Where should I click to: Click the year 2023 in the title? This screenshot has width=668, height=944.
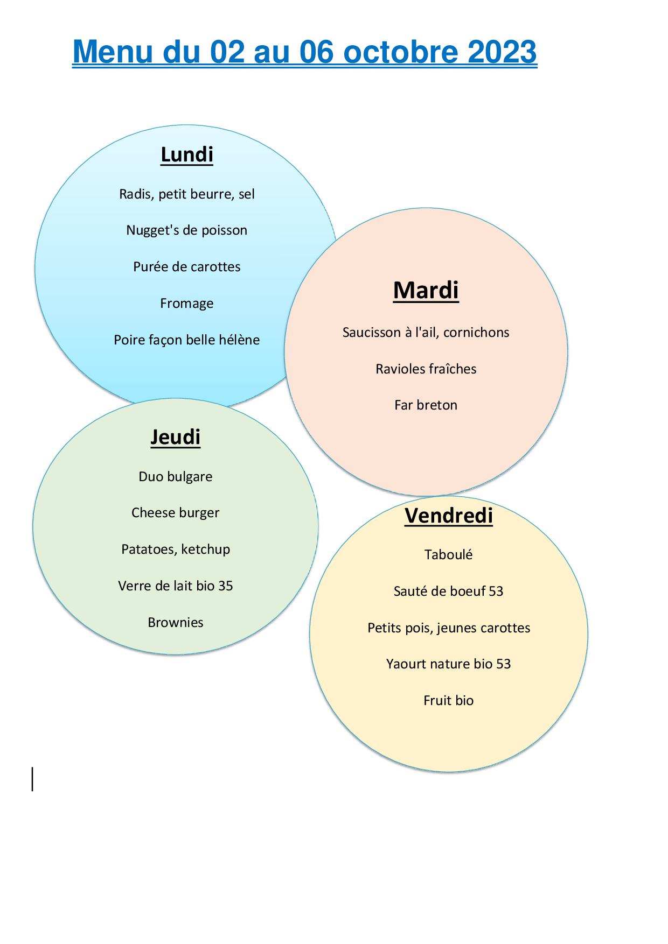tap(502, 52)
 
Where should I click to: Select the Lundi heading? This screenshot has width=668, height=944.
tap(187, 154)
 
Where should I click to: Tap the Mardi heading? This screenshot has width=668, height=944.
tap(426, 290)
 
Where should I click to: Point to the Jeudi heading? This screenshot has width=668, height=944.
tap(176, 436)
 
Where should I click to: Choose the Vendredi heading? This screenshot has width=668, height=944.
tap(449, 515)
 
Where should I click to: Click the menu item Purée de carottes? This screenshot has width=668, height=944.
tap(187, 267)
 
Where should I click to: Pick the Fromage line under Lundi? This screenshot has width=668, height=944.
tap(187, 304)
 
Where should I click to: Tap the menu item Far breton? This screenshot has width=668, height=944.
tap(426, 405)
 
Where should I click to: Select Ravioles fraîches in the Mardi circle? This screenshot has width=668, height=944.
tap(426, 369)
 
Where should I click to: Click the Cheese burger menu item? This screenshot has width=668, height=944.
tap(176, 513)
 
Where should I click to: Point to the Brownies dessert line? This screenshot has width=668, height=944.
tap(176, 623)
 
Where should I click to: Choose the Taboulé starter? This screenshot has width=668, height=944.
tap(449, 555)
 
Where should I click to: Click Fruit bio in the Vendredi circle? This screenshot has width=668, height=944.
tap(449, 701)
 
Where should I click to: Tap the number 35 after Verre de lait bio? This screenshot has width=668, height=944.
tap(226, 586)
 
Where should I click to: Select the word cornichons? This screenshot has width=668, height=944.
tap(476, 333)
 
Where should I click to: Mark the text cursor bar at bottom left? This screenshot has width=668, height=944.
tap(33, 779)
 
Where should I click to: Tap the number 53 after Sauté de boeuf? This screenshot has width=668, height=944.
tap(496, 591)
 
